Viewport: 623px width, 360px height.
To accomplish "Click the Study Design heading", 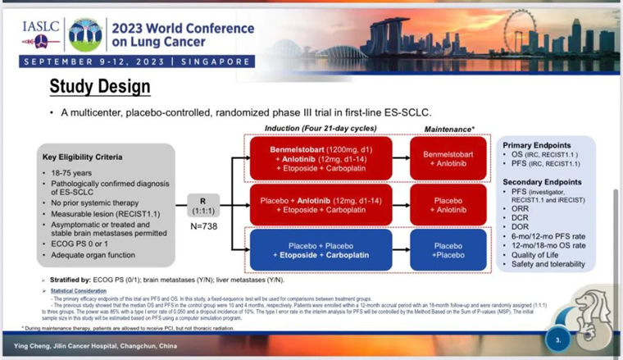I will click(x=99, y=86).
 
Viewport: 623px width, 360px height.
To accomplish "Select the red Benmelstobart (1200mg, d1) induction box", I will click(x=309, y=158).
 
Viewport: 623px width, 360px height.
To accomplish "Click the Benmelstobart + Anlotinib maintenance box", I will click(x=448, y=158).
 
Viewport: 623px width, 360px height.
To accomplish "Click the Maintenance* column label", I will click(x=450, y=130).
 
